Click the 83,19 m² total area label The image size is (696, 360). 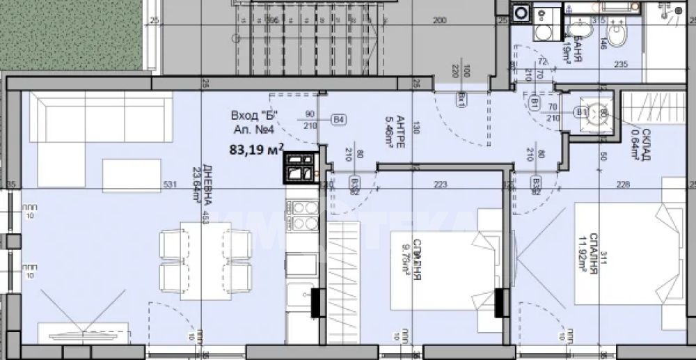256,148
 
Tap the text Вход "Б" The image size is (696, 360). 255,116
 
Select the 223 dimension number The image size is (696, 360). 439,185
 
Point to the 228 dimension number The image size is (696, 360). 622,185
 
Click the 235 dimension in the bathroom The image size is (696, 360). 621,64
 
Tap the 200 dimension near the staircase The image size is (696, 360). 438,21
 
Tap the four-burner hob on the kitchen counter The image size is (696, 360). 303,216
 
